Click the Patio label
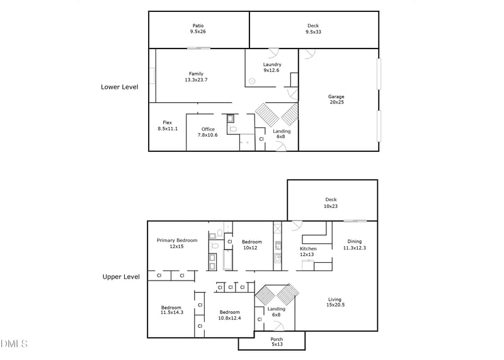pyautogui.click(x=198, y=26)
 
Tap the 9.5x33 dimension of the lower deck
pyautogui.click(x=313, y=32)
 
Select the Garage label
pyautogui.click(x=336, y=96)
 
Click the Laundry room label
pyautogui.click(x=272, y=65)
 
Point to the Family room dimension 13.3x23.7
pyautogui.click(x=196, y=80)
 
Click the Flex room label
pyautogui.click(x=168, y=122)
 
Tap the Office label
pyautogui.click(x=208, y=129)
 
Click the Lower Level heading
pyautogui.click(x=120, y=87)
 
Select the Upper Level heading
pyautogui.click(x=121, y=277)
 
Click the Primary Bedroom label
pyautogui.click(x=177, y=240)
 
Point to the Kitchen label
pyautogui.click(x=308, y=248)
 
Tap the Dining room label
pyautogui.click(x=355, y=241)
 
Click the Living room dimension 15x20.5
pyautogui.click(x=336, y=305)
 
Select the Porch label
pyautogui.click(x=277, y=339)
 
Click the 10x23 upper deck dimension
pyautogui.click(x=331, y=206)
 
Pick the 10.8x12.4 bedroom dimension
pyautogui.click(x=229, y=318)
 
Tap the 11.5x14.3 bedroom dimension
pyautogui.click(x=172, y=312)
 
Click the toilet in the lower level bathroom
pyautogui.click(x=232, y=129)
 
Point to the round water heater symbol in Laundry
pyautogui.click(x=252, y=81)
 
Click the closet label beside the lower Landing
pyautogui.click(x=261, y=139)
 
